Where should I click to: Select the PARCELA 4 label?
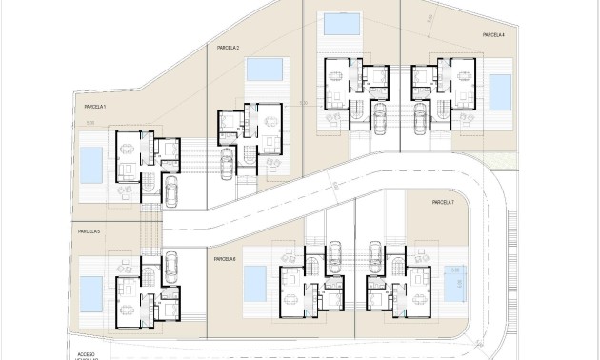pos(492,35)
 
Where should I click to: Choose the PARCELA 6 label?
pos(225,259)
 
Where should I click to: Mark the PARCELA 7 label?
pos(443,203)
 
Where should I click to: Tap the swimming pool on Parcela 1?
pos(91,165)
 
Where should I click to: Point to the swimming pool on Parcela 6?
pos(254,281)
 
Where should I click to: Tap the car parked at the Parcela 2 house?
pos(226,160)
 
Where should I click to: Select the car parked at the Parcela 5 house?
pos(171,264)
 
